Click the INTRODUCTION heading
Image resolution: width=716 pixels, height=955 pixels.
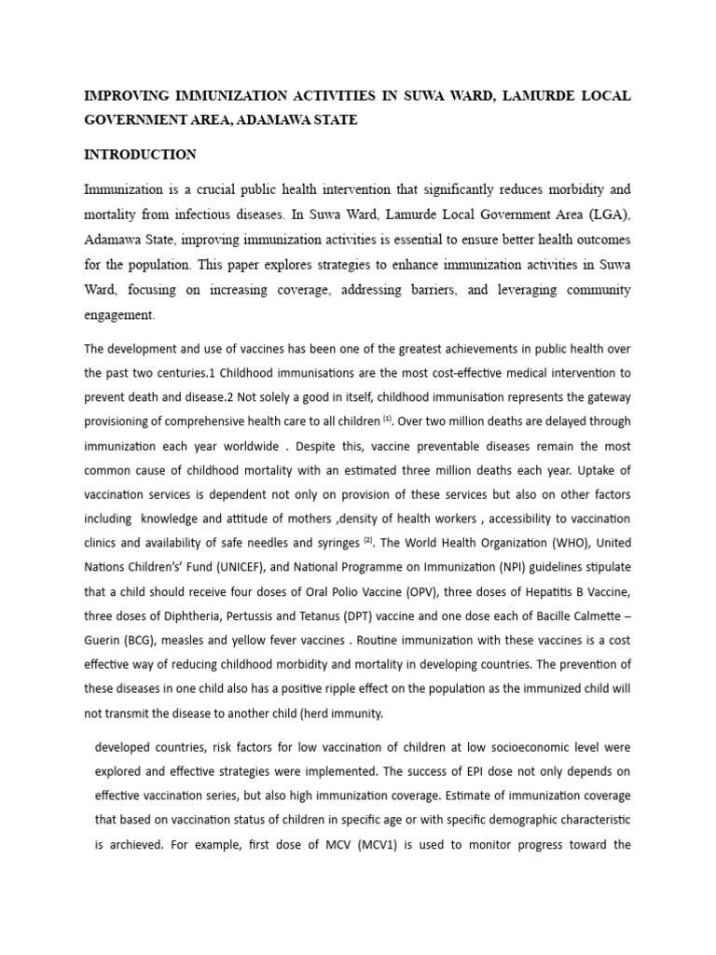(140, 154)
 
